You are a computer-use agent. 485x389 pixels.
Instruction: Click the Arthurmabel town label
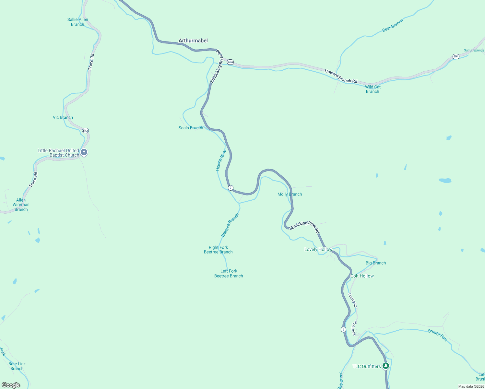[193, 41]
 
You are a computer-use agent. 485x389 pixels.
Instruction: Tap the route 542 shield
[85, 131]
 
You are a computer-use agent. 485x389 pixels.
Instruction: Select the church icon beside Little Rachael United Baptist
[84, 152]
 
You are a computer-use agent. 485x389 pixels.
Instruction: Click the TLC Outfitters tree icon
[385, 366]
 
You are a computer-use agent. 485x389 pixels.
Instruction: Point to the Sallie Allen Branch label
[77, 22]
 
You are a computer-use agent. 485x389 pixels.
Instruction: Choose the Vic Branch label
[63, 117]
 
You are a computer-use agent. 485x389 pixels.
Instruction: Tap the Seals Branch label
[191, 128]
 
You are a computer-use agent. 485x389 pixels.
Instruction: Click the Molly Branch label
[290, 194]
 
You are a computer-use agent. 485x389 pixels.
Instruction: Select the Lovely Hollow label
[318, 249]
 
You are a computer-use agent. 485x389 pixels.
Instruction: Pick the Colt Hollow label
[362, 276]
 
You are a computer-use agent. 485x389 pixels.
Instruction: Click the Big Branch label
[376, 263]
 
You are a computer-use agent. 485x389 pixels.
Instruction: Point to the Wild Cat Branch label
[373, 89]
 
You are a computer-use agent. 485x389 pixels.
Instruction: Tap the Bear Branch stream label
[393, 25]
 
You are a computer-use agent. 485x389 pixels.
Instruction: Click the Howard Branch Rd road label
[341, 76]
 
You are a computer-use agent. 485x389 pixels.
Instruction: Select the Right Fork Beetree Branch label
[218, 250]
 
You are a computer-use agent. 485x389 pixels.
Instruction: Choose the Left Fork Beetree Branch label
[229, 274]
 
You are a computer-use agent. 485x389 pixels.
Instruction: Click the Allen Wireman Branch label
[21, 205]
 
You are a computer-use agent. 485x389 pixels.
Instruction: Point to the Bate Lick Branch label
[17, 366]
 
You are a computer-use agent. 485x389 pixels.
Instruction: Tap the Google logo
[11, 385]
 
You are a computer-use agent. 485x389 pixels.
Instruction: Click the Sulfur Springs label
[474, 50]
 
